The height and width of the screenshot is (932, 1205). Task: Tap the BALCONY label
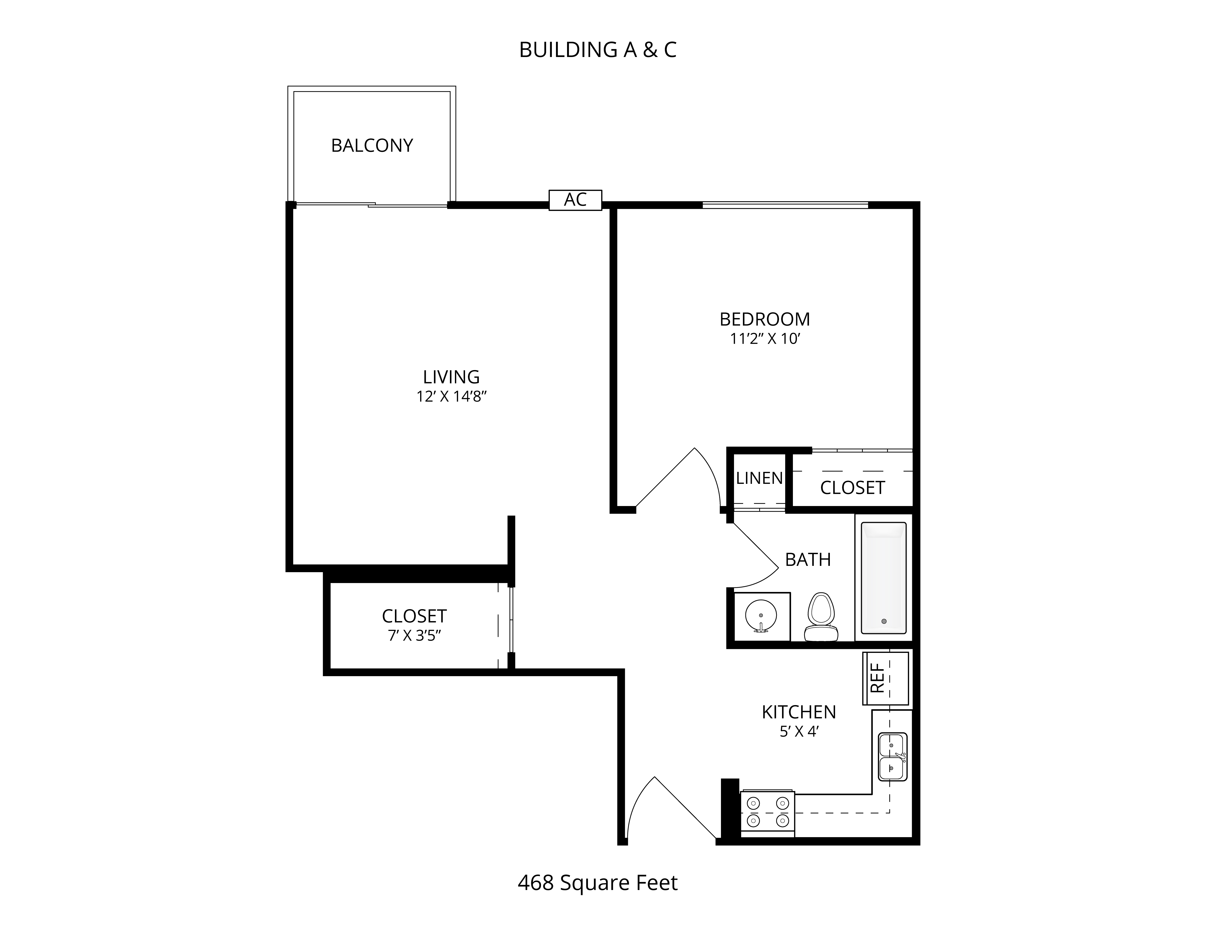pos(372,145)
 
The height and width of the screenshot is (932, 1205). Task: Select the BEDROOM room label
pos(765,319)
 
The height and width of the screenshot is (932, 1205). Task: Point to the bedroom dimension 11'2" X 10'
pos(765,339)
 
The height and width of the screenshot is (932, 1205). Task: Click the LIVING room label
pos(451,377)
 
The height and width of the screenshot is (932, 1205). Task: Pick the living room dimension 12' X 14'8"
pos(452,396)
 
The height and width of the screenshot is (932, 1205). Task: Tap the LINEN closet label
pos(759,478)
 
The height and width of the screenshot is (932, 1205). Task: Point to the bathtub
pos(884,578)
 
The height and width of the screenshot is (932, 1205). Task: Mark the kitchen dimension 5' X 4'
pos(798,732)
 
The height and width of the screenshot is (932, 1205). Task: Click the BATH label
pos(808,560)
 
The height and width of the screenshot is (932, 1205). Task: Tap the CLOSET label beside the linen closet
pos(852,488)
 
